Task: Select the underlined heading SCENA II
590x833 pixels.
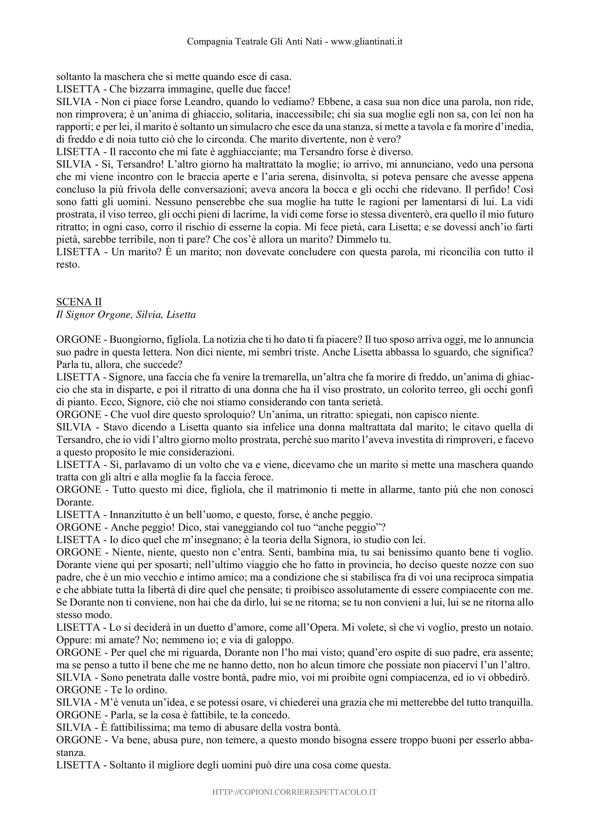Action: tap(79, 302)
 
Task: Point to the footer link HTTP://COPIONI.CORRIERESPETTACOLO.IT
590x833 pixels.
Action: tap(295, 792)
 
